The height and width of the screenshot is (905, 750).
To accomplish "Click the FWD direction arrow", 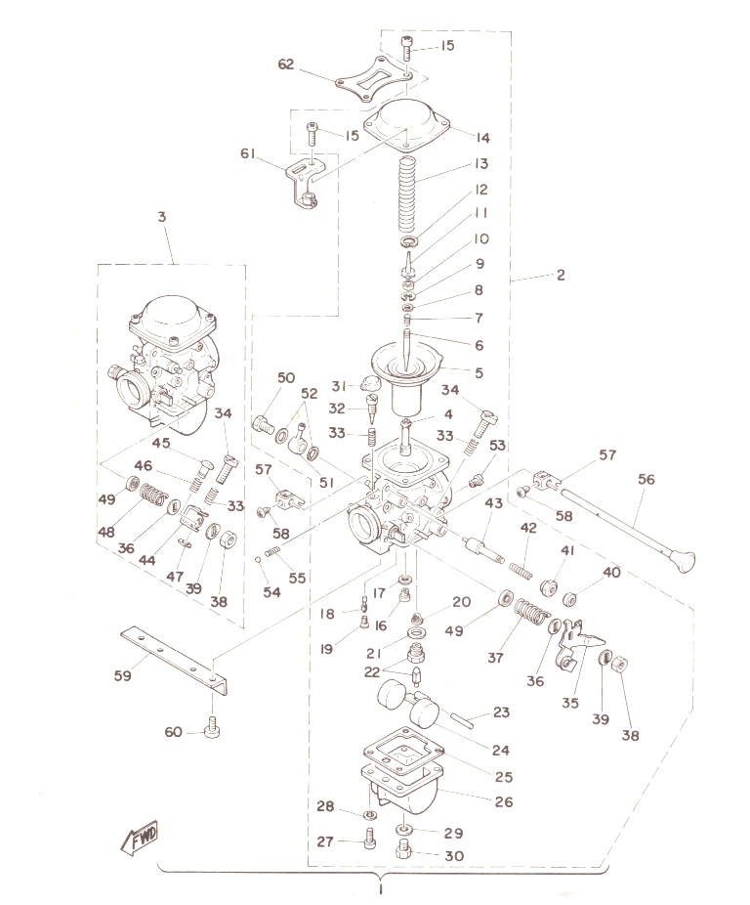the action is (139, 838).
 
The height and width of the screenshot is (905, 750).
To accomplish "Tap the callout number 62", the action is (285, 65).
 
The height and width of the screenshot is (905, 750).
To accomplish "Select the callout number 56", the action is (646, 479).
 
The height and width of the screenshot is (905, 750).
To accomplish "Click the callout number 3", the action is (162, 216).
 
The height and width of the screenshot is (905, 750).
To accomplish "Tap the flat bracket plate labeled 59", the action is (174, 659).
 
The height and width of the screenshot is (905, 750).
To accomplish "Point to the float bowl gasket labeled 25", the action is (404, 750).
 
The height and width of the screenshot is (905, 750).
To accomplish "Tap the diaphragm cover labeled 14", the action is (406, 122).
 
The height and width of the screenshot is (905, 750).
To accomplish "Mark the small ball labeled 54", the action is (259, 559).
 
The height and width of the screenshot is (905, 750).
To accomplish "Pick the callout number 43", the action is (493, 502).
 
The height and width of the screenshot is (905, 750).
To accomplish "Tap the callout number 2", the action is (561, 275).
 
